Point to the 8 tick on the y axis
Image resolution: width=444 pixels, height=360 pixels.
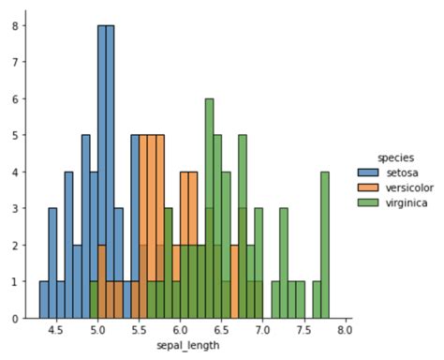pyautogui.click(x=15, y=26)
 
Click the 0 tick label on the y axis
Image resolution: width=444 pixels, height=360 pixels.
pyautogui.click(x=15, y=319)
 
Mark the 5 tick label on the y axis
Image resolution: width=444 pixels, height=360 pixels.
pyautogui.click(x=15, y=136)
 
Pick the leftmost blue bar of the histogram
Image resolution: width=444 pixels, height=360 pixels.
pyautogui.click(x=44, y=300)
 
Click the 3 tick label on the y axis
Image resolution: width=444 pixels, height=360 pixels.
pyautogui.click(x=15, y=209)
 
